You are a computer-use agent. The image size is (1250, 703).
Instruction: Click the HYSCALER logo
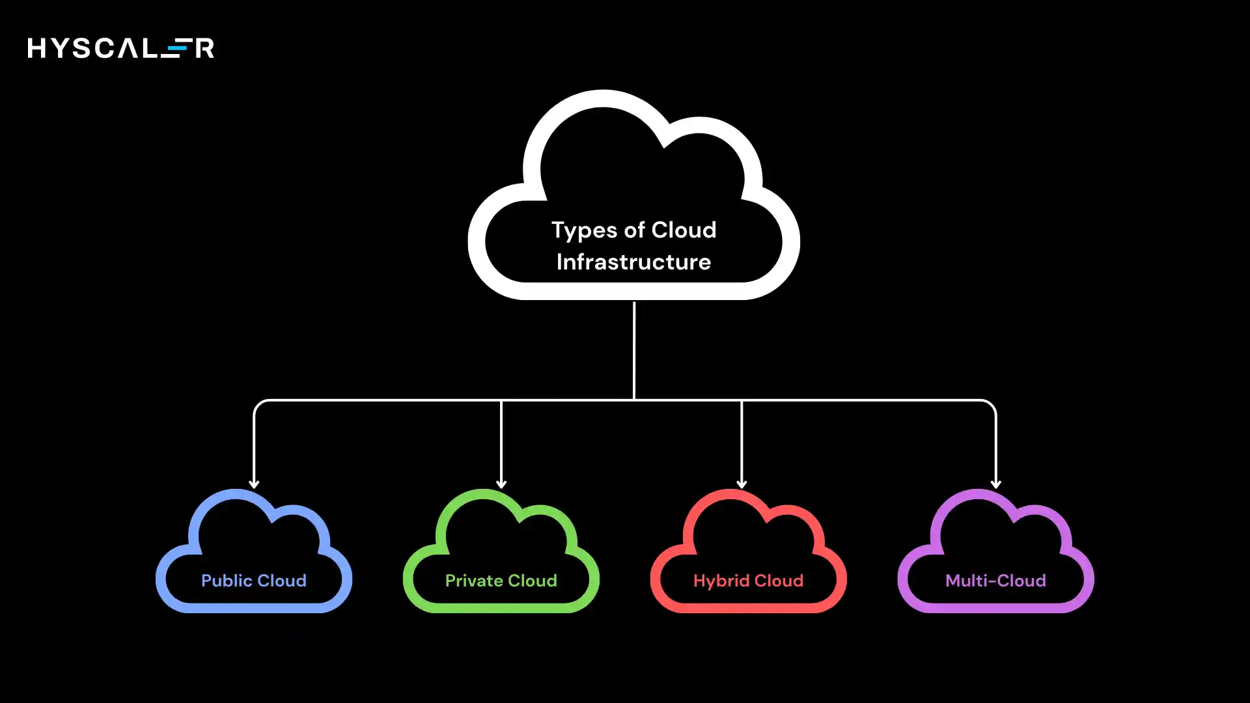[x=120, y=48]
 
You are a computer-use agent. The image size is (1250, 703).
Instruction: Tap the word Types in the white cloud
[x=584, y=231]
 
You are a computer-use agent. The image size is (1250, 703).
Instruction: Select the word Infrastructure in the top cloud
[x=633, y=262]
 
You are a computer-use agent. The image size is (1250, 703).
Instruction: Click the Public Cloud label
[x=253, y=581]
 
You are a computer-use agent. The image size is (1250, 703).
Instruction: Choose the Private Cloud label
[x=501, y=581]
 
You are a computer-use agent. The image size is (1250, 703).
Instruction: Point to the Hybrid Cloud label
[x=748, y=581]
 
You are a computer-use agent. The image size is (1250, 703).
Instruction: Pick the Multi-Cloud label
[x=995, y=581]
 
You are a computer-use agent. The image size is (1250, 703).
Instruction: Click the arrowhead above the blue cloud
[x=254, y=484]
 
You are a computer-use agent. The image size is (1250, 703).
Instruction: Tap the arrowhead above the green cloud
[x=501, y=484]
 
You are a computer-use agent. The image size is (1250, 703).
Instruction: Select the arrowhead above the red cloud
[x=742, y=484]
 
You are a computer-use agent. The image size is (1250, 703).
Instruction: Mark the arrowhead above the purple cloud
[x=995, y=484]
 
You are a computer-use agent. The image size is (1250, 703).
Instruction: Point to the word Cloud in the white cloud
[x=684, y=230]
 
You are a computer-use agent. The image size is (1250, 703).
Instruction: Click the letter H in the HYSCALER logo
[x=37, y=48]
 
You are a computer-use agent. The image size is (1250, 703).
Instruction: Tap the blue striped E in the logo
[x=177, y=48]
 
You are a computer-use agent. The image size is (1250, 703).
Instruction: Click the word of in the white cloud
[x=635, y=230]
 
